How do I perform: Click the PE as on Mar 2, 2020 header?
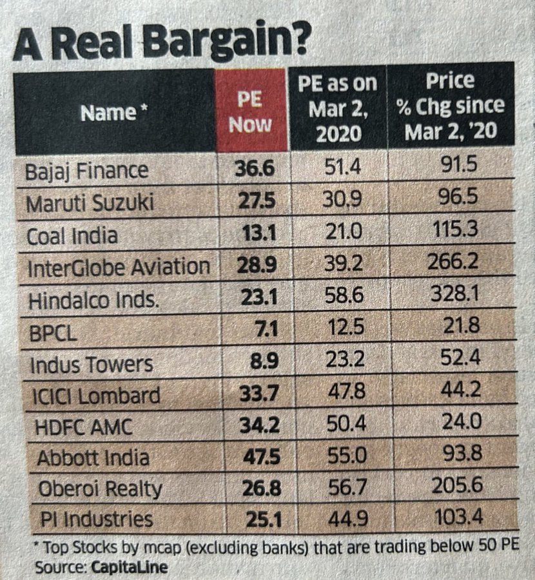[335, 110]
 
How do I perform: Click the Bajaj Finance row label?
[87, 171]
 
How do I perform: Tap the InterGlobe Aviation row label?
[119, 266]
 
